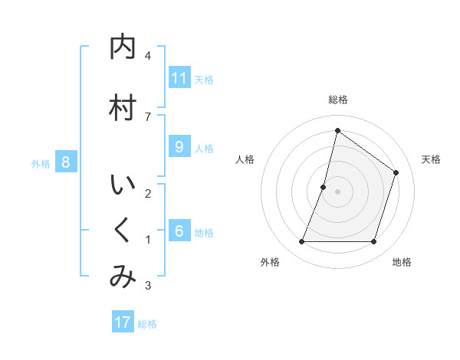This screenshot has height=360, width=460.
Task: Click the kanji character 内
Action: (123, 47)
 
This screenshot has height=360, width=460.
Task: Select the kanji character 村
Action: (123, 108)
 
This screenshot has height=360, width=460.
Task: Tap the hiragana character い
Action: (123, 185)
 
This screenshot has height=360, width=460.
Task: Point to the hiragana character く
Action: (123, 231)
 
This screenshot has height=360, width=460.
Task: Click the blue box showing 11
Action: (179, 78)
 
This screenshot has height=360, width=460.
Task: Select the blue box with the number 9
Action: (179, 147)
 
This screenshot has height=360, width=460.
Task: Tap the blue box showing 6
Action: (179, 232)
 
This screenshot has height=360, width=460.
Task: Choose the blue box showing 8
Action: (67, 162)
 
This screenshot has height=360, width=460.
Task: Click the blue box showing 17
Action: (123, 322)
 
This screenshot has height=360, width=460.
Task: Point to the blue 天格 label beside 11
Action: (204, 80)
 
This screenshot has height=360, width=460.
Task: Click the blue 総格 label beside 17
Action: (147, 324)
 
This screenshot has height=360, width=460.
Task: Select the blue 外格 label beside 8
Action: (41, 164)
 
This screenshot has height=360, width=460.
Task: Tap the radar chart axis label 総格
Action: (337, 100)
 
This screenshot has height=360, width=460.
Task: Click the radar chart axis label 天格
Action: (431, 159)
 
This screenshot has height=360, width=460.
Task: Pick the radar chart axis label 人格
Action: (245, 159)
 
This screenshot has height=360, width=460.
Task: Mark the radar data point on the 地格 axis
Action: (374, 242)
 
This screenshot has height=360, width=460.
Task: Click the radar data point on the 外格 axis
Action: (301, 242)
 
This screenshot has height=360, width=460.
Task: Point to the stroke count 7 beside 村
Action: (147, 116)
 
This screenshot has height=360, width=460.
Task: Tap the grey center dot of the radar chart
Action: (337, 191)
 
